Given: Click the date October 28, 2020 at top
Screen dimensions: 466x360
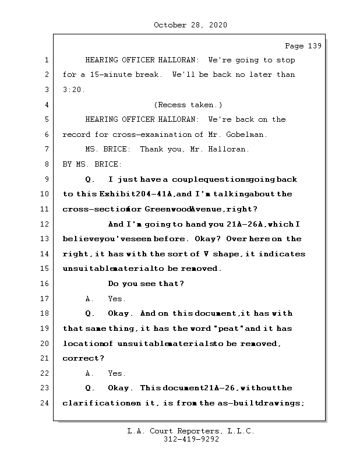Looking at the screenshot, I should coord(190,25).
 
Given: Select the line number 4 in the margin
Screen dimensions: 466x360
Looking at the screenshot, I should coord(45,105).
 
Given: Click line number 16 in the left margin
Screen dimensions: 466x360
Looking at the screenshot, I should coord(45,284).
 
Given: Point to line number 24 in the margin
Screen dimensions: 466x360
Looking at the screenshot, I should coord(45,403).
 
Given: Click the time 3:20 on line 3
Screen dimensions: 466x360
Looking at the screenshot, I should coord(73,90).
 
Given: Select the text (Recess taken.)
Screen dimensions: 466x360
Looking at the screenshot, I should coord(188,105).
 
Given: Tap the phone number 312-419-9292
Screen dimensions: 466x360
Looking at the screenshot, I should coord(190,440).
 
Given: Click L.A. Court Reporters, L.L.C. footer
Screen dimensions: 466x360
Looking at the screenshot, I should coord(190,432).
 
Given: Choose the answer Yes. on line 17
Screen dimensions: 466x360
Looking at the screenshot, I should coord(117,299).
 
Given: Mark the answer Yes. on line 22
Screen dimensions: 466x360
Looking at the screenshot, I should coord(117,373).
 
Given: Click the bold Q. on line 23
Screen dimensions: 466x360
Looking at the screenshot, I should coord(90,388).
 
